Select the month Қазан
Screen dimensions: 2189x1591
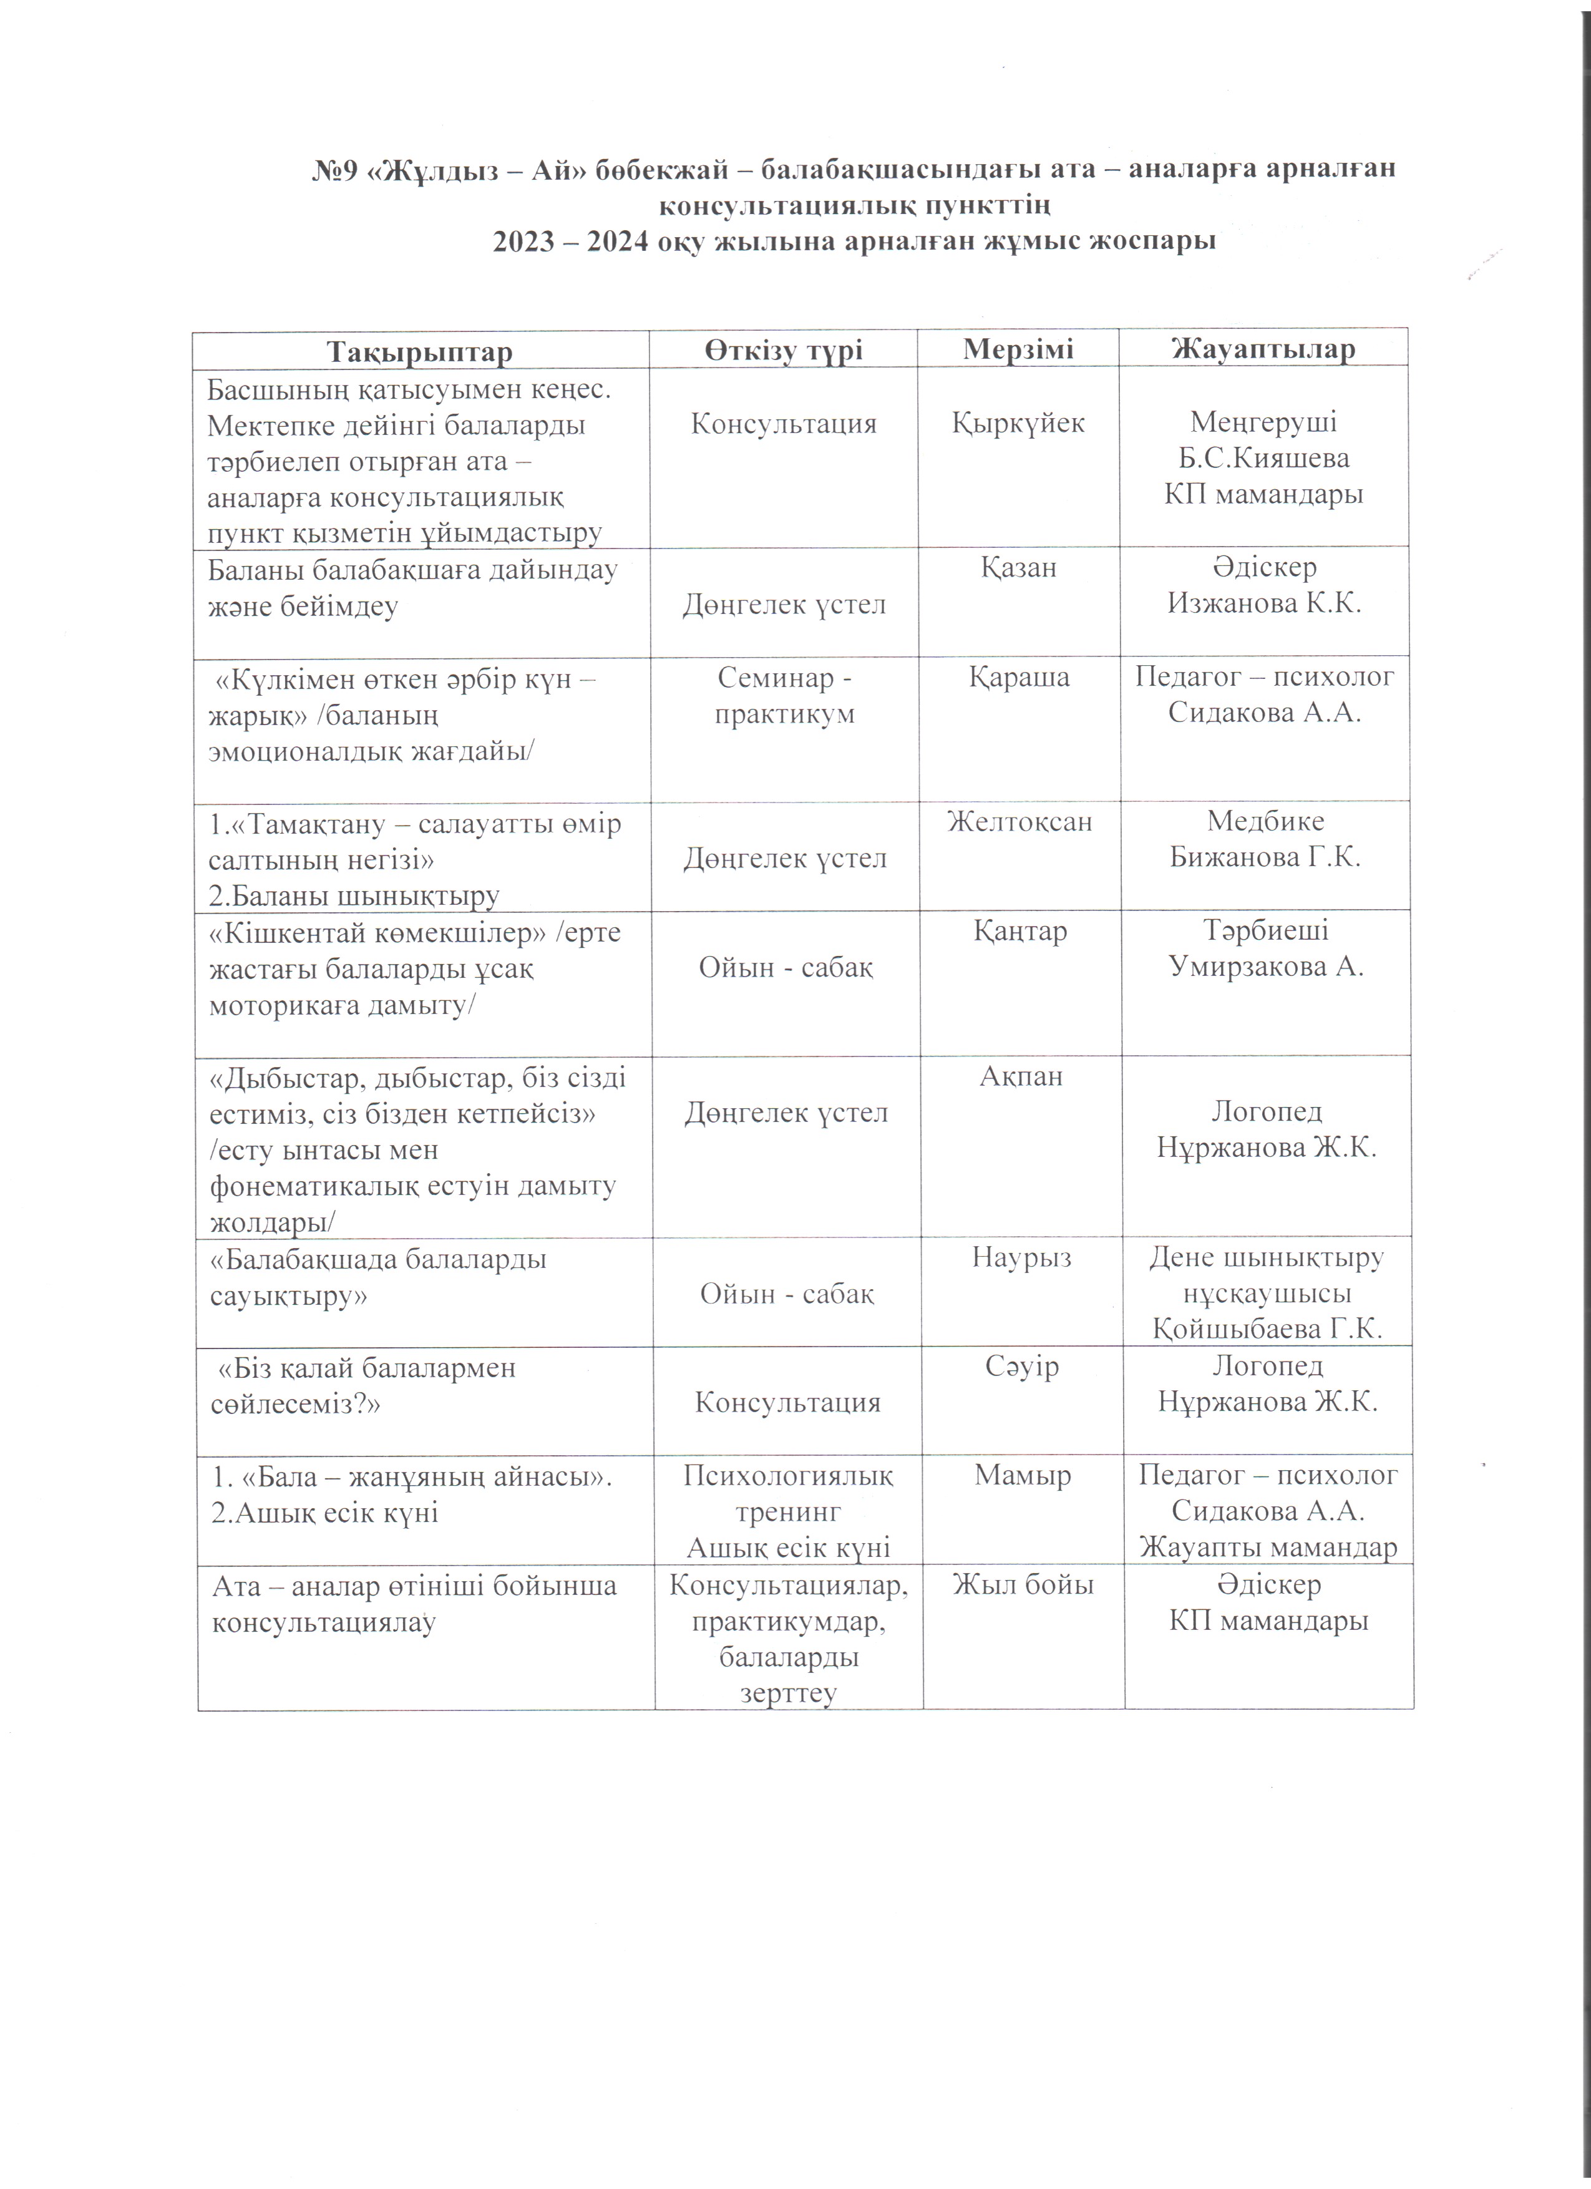pyautogui.click(x=1019, y=567)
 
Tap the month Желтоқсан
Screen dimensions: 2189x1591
pyautogui.click(x=1020, y=821)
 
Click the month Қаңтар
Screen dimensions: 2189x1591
pyautogui.click(x=1020, y=932)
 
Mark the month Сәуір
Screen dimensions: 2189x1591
pyautogui.click(x=1022, y=1367)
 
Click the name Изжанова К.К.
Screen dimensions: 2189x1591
pyautogui.click(x=1264, y=604)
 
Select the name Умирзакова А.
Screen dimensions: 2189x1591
pyautogui.click(x=1266, y=967)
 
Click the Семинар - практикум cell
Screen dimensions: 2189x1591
pyautogui.click(x=784, y=696)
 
